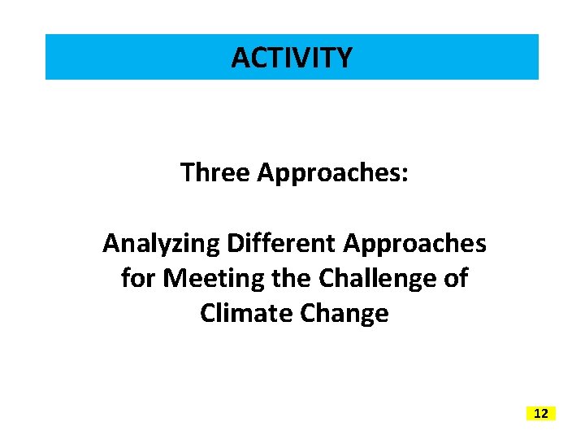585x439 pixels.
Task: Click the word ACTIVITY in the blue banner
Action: pyautogui.click(x=292, y=58)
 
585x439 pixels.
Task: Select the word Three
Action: pyautogui.click(x=215, y=172)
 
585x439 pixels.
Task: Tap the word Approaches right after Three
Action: pyautogui.click(x=328, y=172)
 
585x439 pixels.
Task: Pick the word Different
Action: pyautogui.click(x=281, y=243)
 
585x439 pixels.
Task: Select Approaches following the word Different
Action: pyautogui.click(x=415, y=243)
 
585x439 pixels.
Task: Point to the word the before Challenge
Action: pyautogui.click(x=294, y=278)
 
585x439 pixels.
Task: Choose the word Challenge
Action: pyautogui.click(x=380, y=278)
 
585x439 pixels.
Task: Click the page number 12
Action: pyautogui.click(x=541, y=414)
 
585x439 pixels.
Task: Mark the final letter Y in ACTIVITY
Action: pyautogui.click(x=344, y=58)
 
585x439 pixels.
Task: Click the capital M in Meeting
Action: pyautogui.click(x=174, y=278)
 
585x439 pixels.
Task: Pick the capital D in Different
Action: pyautogui.click(x=235, y=243)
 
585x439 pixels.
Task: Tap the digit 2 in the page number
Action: pyautogui.click(x=544, y=414)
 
